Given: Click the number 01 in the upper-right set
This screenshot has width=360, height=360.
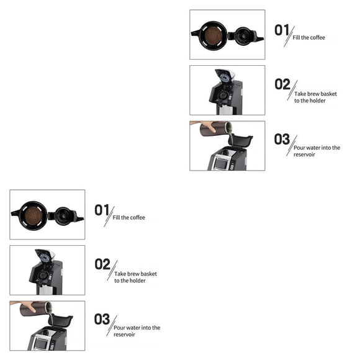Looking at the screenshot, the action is click(x=282, y=30).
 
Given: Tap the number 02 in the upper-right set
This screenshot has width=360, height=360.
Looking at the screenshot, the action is click(x=282, y=84).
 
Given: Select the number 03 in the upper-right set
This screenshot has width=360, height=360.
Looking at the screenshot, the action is click(x=282, y=139).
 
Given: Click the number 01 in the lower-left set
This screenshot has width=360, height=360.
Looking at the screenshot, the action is click(x=102, y=210).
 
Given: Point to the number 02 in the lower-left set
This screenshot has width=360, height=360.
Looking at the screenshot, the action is click(x=102, y=264).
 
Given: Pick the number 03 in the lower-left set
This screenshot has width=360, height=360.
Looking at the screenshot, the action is click(x=102, y=319).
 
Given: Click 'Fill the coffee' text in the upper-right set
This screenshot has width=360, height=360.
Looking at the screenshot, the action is click(x=309, y=37).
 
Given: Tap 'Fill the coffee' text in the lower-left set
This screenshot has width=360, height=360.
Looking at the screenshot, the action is click(x=129, y=217).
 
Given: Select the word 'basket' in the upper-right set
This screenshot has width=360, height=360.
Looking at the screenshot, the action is click(x=329, y=94).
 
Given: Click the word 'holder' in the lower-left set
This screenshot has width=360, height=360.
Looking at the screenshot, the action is click(x=137, y=281).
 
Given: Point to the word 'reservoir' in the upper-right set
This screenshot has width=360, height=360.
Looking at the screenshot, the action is click(x=304, y=155).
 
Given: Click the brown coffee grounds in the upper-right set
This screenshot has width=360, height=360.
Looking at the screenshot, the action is click(x=214, y=35).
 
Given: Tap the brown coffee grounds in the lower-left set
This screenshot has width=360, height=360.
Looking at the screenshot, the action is click(x=34, y=215).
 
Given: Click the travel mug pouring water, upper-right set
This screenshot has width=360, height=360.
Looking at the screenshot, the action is click(x=215, y=128).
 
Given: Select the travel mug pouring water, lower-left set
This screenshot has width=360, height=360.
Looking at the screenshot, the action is click(x=35, y=308).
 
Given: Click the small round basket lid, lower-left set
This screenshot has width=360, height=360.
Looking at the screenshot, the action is click(x=63, y=216).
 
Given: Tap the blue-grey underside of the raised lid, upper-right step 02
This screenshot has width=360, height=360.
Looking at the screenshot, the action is click(x=225, y=77).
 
